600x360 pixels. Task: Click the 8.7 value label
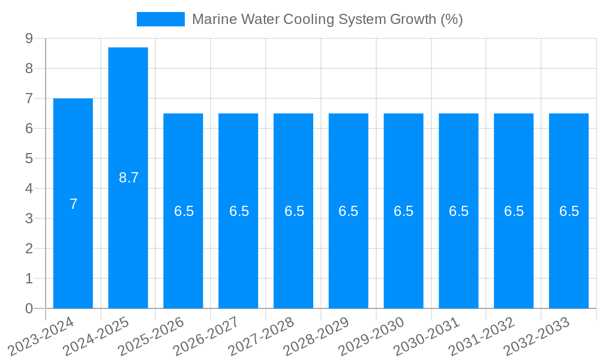128,178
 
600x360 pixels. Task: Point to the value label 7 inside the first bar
73,204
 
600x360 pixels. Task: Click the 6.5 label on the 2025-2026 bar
184,211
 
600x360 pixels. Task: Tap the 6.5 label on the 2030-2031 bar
458,211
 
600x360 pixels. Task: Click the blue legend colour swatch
160,19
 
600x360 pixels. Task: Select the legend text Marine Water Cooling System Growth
327,19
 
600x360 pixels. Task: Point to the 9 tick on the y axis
29,38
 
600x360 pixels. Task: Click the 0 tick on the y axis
29,308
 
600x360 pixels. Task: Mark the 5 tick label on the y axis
29,158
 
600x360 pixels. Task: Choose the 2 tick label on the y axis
29,248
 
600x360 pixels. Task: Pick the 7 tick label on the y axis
29,98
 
